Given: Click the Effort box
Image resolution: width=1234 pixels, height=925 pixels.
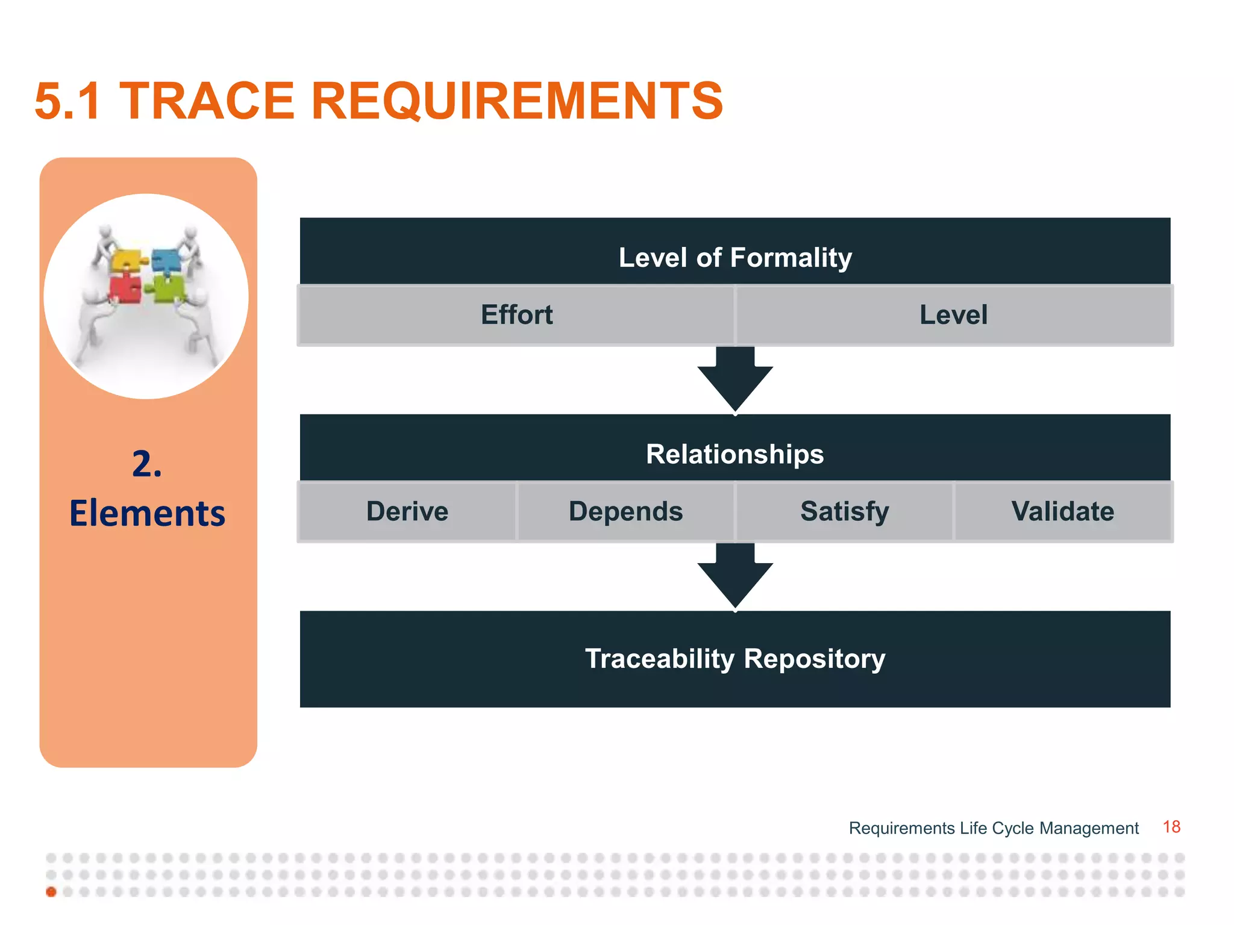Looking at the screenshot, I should tap(516, 315).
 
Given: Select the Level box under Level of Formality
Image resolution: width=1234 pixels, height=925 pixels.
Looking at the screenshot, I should tap(953, 315).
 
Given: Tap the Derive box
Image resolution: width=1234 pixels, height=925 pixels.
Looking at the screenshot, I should tap(407, 511).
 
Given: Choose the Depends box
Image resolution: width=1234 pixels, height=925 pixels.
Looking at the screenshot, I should tap(625, 511).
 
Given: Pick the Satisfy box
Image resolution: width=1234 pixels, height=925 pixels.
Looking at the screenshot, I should tap(844, 511).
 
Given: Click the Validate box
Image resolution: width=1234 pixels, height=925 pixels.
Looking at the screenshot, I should tap(1063, 511).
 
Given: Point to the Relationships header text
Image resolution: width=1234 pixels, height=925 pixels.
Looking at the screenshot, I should tap(734, 454).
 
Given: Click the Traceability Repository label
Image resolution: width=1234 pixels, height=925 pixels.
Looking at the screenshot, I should tap(734, 658).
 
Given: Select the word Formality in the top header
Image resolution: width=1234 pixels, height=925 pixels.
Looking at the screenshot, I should tap(791, 258).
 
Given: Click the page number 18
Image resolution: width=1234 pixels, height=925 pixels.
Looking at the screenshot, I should tap(1171, 827).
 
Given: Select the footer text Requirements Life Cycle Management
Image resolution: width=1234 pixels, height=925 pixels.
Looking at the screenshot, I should tap(993, 828).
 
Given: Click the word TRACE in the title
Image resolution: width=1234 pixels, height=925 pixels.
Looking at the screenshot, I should tap(207, 101).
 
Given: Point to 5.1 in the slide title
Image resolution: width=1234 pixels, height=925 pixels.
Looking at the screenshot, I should tap(67, 101).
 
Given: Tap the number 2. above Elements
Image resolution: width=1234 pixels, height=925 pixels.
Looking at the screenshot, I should tap(147, 464).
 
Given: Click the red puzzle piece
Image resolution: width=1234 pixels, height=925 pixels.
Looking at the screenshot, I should tap(125, 288).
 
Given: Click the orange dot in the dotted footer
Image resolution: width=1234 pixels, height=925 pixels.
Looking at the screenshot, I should tap(51, 892).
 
